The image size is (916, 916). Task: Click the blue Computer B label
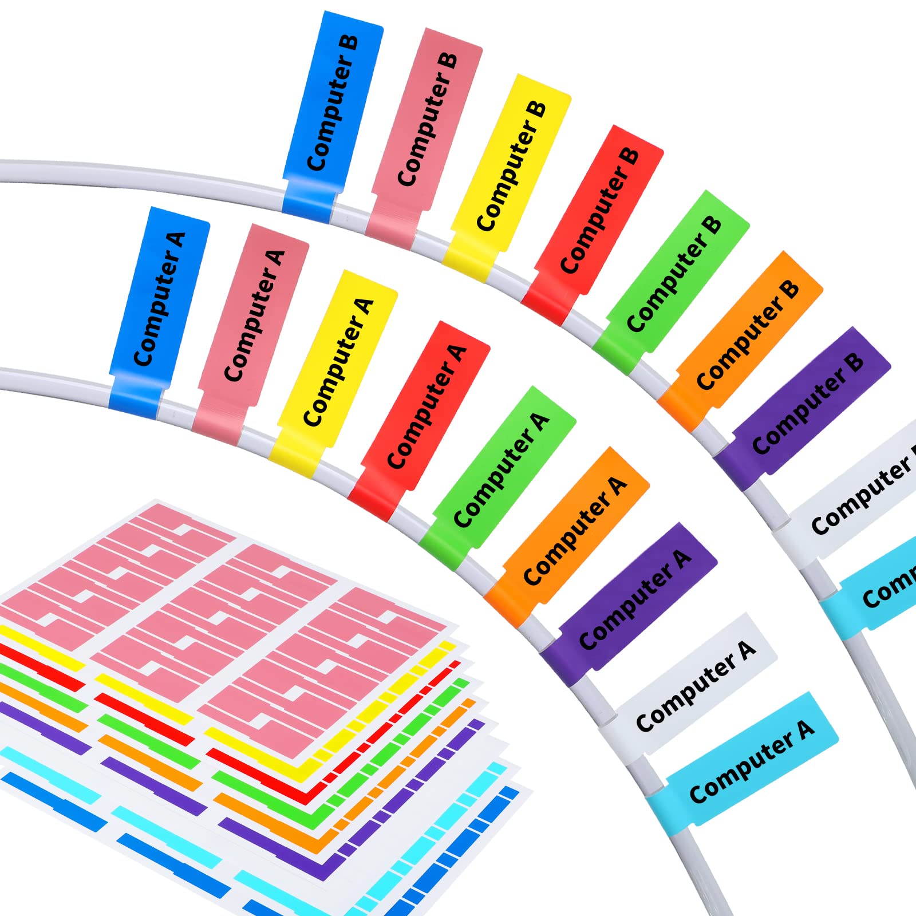click(x=332, y=114)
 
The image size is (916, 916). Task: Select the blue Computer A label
click(x=159, y=312)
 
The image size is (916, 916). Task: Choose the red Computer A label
click(x=421, y=418)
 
